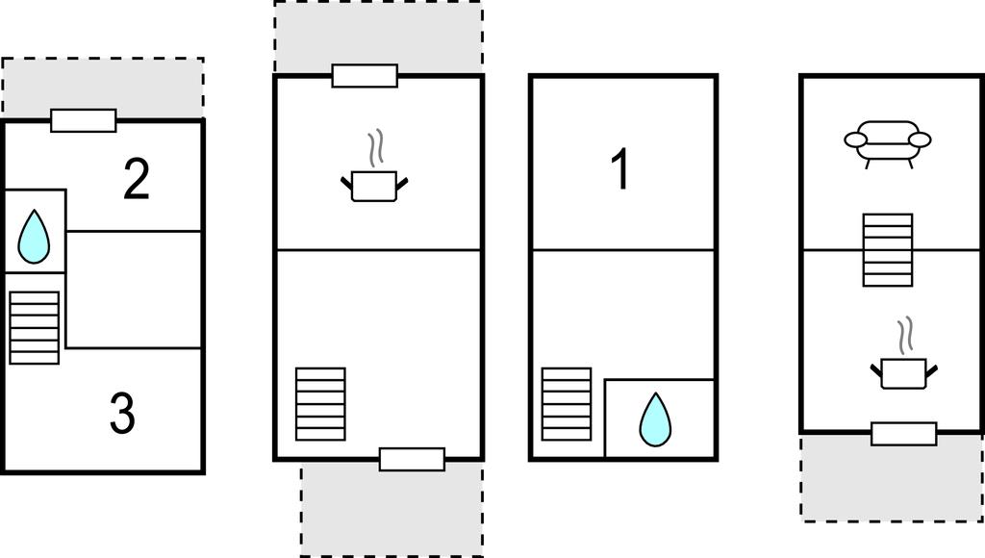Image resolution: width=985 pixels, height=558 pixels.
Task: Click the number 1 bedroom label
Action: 620,169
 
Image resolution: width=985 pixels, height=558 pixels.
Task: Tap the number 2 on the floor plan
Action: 137,180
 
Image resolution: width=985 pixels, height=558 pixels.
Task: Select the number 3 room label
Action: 122,413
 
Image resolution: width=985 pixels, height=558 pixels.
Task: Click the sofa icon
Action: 887,144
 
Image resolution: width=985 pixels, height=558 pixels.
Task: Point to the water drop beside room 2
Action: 34,237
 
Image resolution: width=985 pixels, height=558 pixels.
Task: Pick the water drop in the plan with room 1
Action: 655,419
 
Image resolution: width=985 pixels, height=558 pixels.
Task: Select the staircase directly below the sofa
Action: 888,250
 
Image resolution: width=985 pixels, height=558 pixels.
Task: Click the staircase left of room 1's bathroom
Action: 567,404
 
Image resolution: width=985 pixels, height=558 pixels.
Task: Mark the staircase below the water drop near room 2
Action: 35,327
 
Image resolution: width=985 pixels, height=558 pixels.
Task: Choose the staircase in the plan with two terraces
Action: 320,404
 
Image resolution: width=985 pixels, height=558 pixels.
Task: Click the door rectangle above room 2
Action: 84,120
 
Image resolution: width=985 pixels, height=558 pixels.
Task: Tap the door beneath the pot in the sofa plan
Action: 904,434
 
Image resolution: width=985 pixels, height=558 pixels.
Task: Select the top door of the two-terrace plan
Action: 365,75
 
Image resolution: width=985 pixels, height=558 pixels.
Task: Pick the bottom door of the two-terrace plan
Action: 412,459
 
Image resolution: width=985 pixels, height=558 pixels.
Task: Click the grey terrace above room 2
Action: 102,88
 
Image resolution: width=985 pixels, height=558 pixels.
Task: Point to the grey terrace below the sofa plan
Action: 892,477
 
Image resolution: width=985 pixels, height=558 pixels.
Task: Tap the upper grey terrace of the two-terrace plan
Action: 378,37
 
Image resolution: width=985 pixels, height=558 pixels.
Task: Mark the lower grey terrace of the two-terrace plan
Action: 392,509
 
